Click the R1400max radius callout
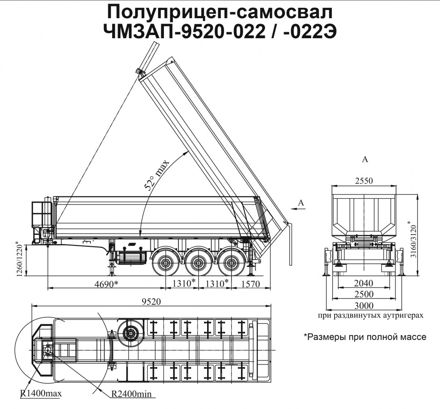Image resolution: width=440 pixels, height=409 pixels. click(41, 393)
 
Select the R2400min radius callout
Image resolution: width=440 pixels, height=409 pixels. click(131, 393)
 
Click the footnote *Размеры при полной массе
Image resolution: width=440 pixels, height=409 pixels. click(365, 337)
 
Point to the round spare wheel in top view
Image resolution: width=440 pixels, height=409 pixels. click(130, 333)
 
